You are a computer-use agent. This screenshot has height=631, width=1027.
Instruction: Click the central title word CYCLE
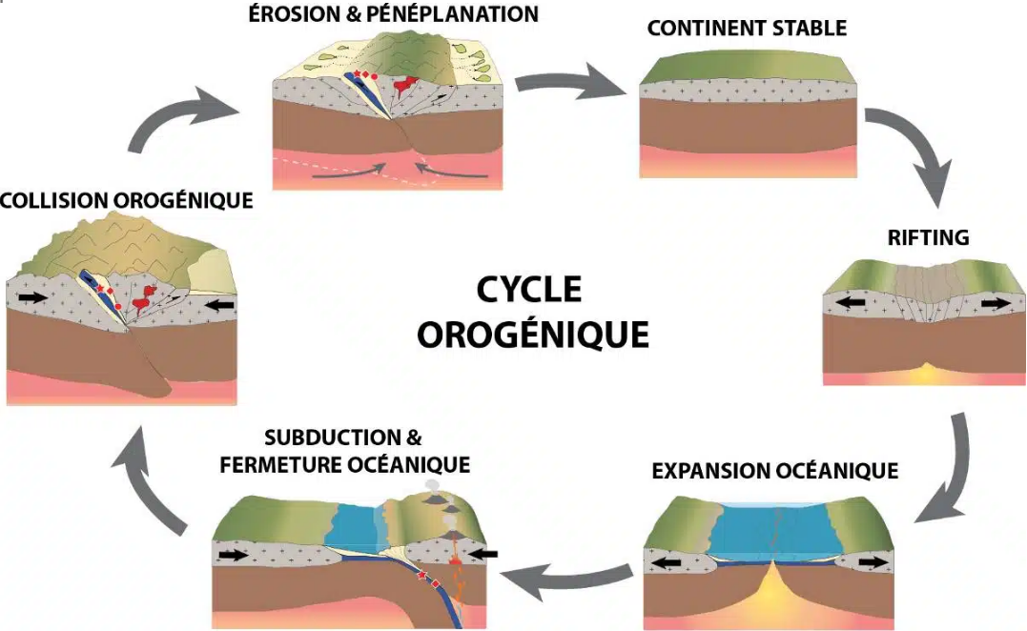[x=528, y=290]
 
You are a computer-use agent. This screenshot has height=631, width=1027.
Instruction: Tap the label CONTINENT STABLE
[x=747, y=28]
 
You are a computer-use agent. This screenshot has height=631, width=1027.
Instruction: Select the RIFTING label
[x=928, y=237]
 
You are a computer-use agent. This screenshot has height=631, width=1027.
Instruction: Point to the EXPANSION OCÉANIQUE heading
[x=774, y=471]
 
